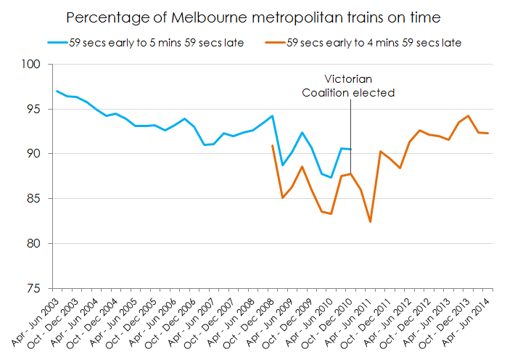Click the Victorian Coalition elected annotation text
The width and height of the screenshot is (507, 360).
[x=348, y=86]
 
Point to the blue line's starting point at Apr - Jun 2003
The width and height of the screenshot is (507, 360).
[x=57, y=91]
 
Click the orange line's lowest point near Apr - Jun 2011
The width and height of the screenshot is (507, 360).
[x=371, y=222]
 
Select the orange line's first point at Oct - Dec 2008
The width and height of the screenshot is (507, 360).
[x=272, y=145]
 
